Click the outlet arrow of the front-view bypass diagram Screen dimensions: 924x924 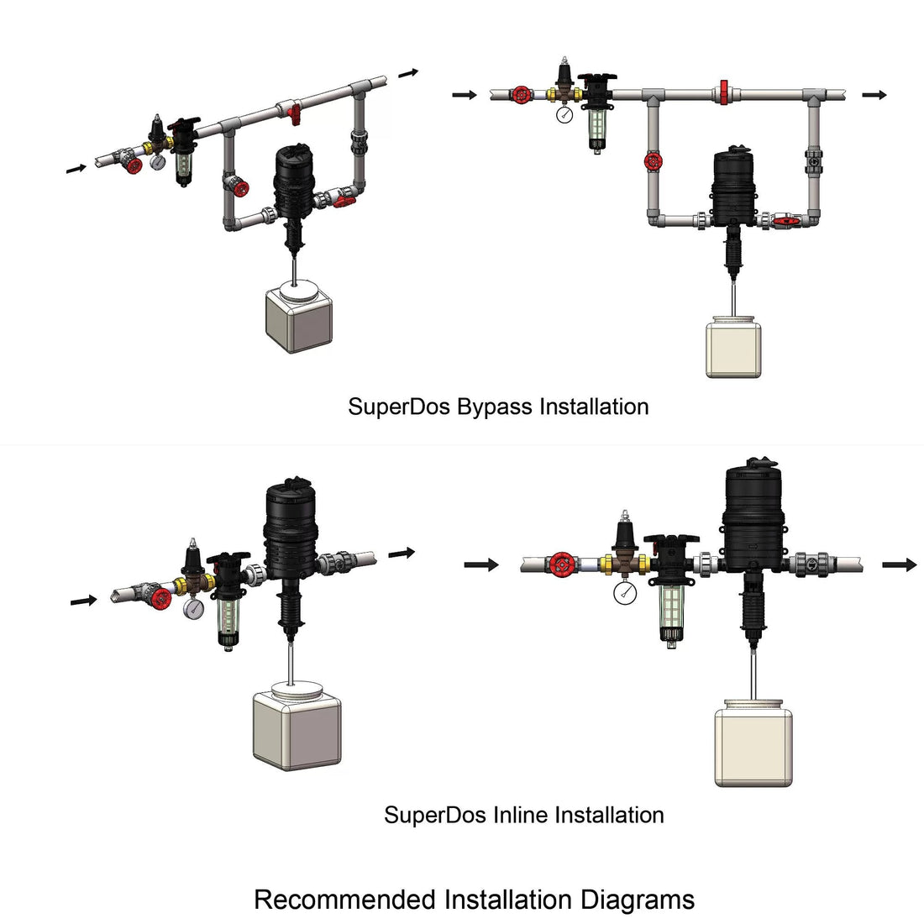[x=874, y=95]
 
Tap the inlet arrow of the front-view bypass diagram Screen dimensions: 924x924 [x=465, y=95]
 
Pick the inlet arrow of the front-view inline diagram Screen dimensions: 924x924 [x=481, y=564]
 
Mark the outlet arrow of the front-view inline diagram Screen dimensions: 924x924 [x=900, y=564]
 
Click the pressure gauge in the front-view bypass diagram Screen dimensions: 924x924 [x=564, y=114]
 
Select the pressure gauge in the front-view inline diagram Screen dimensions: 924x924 [x=625, y=593]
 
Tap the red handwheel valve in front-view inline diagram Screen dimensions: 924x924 [x=562, y=564]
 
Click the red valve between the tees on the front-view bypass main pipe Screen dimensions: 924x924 [x=723, y=93]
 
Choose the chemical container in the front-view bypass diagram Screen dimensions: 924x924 [x=733, y=347]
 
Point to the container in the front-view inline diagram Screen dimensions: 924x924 [x=753, y=743]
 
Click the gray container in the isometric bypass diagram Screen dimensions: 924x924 [x=299, y=317]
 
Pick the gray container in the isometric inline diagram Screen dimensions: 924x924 [x=297, y=726]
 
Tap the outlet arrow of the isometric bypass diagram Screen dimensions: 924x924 [x=408, y=73]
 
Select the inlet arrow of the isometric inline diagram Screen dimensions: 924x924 [x=84, y=601]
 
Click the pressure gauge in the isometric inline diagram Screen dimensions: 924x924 [x=193, y=607]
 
